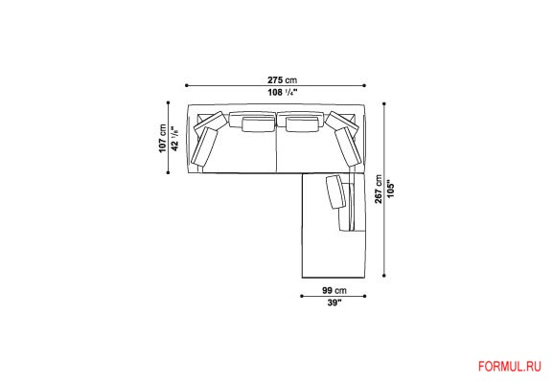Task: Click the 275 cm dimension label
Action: coord(282,80)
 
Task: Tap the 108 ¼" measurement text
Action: coord(283,93)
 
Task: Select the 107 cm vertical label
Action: coord(162,138)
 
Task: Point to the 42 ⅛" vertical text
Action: coord(175,139)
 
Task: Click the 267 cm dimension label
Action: coord(379,189)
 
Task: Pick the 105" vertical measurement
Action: coord(390,191)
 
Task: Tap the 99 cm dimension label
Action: coord(334,290)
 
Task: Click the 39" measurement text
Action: coord(334,303)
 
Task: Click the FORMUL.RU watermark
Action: coord(509,367)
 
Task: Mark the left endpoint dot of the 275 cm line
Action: coord(186,85)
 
